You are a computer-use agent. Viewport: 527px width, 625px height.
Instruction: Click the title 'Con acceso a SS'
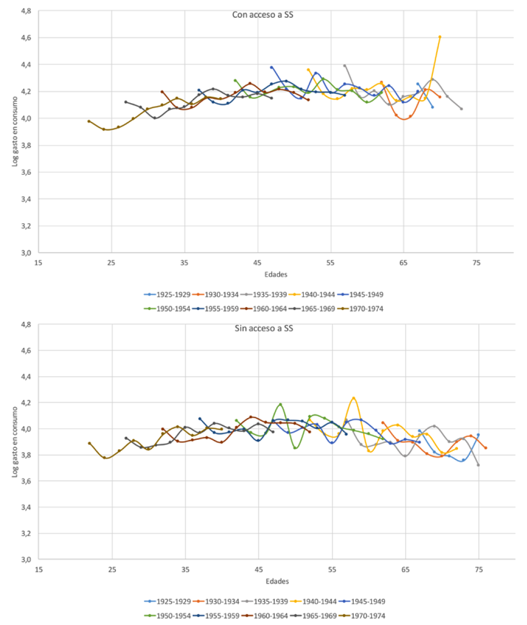click(263, 15)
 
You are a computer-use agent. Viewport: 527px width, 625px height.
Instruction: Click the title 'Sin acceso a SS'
click(263, 328)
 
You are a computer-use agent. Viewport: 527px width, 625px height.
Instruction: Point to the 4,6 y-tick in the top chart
click(26, 38)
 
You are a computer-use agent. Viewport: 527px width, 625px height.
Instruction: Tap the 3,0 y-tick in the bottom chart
click(26, 560)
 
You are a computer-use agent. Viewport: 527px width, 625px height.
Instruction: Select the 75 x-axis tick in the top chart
click(476, 263)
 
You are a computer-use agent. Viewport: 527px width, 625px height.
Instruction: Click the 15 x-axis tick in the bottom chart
click(38, 570)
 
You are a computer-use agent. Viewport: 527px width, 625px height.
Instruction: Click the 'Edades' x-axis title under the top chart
click(275, 274)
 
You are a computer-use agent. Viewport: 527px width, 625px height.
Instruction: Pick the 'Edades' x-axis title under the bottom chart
click(277, 582)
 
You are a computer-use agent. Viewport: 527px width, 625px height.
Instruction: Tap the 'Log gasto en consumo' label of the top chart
click(15, 128)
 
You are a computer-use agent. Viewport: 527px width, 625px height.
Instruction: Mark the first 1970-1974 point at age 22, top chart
click(89, 121)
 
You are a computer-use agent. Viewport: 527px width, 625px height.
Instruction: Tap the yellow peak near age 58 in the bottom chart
click(353, 398)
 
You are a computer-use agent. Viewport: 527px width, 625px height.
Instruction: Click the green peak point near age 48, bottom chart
click(280, 404)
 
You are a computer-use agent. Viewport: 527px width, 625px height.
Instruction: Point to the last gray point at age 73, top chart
click(461, 109)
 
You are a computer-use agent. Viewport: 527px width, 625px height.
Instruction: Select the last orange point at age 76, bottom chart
click(486, 448)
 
